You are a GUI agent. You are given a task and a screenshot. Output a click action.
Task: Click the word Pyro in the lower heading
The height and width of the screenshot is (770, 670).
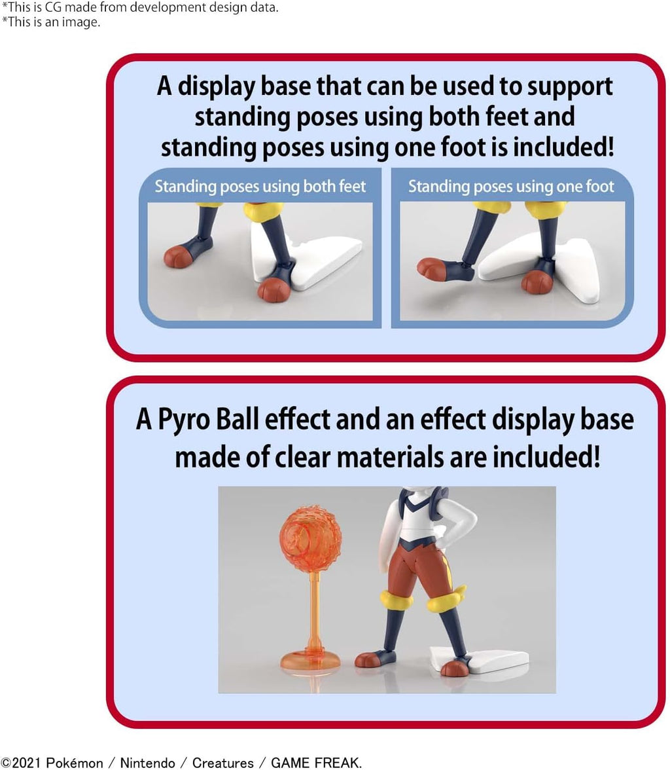click(183, 420)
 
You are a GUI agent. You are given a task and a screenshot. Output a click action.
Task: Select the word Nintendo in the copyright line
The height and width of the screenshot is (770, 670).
click(147, 763)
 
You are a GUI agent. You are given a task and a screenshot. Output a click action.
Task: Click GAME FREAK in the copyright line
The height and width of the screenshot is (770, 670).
click(315, 763)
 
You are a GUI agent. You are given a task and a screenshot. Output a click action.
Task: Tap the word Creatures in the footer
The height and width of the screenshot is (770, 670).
click(223, 763)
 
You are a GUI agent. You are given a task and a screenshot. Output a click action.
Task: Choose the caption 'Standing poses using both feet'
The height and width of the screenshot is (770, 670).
click(260, 186)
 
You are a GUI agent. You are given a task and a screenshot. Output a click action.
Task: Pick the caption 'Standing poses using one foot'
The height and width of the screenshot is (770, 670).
click(511, 186)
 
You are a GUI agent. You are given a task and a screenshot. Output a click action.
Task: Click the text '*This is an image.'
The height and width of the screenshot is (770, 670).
click(51, 22)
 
